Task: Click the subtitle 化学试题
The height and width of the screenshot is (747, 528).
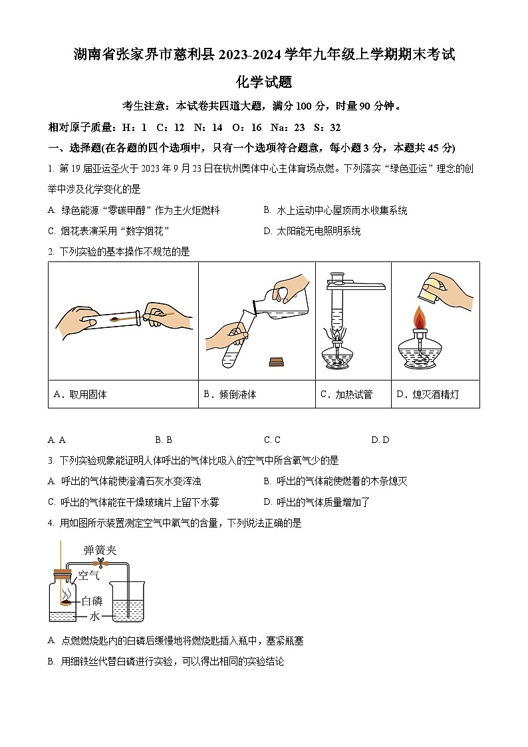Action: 264,82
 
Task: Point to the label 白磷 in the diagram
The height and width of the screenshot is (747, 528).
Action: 91,601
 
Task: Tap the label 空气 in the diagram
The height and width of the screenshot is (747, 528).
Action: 88,574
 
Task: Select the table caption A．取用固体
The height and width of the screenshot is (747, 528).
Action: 80,394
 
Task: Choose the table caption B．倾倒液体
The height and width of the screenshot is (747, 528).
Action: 229,394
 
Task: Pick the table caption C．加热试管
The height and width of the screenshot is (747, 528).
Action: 346,394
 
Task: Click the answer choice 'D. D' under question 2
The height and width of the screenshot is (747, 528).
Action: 380,440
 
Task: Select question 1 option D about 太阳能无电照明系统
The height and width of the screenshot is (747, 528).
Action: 312,231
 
